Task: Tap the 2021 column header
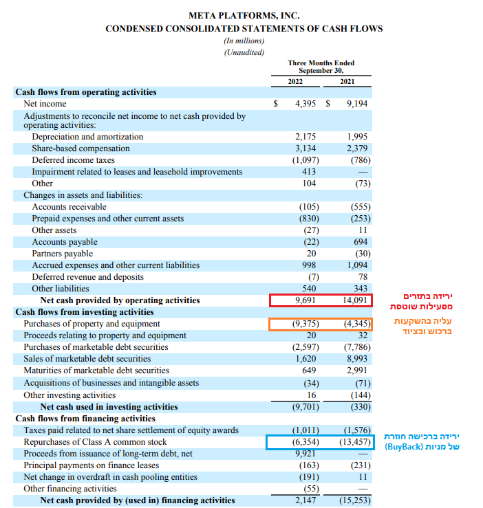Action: tap(347, 82)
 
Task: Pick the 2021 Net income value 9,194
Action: tap(357, 104)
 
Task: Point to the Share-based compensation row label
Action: tap(80, 148)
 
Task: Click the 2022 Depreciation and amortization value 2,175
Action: tap(305, 137)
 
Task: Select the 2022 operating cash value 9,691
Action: tap(305, 300)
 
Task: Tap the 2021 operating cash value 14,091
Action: tap(354, 300)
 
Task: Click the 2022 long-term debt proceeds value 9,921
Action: tap(305, 454)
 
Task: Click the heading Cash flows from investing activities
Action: tap(85, 312)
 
